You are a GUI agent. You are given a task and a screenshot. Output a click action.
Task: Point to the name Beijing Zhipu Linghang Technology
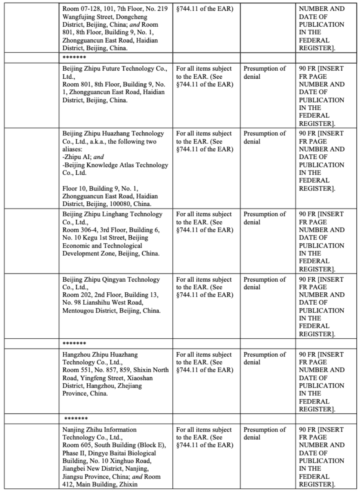click(x=112, y=214)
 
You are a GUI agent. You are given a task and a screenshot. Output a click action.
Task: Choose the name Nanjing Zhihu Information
click(x=100, y=430)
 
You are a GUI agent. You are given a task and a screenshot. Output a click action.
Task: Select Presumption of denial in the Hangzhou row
click(x=264, y=358)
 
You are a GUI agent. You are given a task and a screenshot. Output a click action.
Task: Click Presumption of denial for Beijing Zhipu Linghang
click(x=264, y=218)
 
